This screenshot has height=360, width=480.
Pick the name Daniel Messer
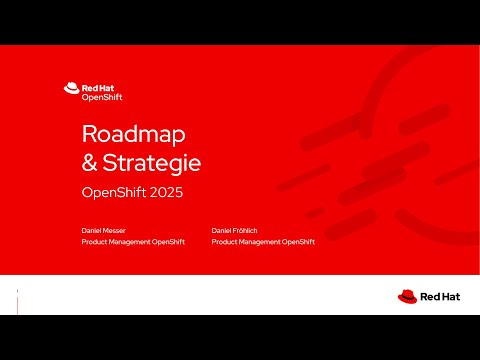click(104, 230)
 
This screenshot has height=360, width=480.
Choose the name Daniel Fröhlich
click(237, 230)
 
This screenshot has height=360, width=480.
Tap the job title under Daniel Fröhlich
click(263, 241)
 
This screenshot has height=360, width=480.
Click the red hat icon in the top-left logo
click(71, 88)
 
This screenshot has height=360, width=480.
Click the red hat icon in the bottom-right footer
click(407, 296)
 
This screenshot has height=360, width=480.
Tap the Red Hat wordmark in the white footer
click(440, 296)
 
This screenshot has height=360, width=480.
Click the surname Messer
click(114, 230)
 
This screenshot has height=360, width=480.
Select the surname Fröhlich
click(248, 230)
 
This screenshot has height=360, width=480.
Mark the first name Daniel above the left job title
click(92, 230)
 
